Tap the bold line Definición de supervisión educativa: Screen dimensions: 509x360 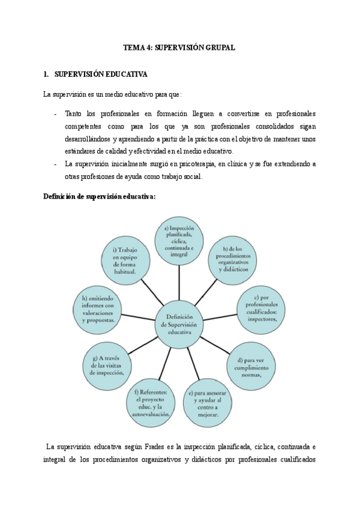click(x=99, y=196)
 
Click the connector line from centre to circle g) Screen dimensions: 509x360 click(x=143, y=344)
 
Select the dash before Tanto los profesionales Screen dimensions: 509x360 click(x=55, y=113)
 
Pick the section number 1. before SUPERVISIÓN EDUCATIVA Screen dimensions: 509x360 click(x=46, y=74)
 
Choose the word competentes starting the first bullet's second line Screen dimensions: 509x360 click(x=84, y=126)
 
